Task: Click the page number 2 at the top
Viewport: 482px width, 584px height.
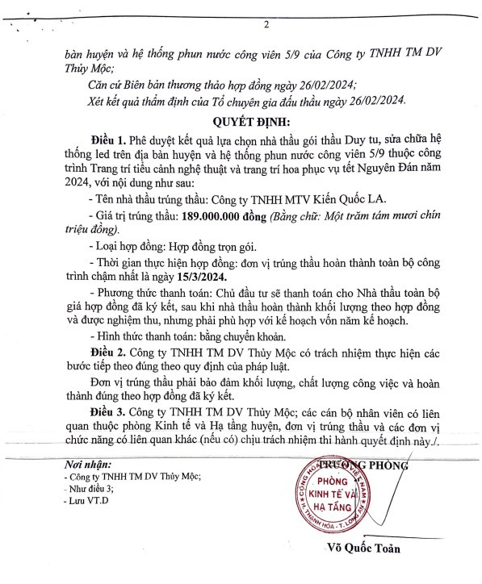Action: click(x=266, y=25)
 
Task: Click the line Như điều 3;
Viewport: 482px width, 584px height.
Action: click(x=92, y=489)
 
